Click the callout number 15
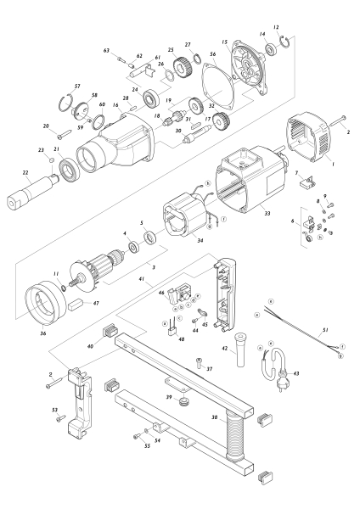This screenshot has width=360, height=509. [x=224, y=42]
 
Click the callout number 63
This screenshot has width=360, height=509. [x=108, y=52]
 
